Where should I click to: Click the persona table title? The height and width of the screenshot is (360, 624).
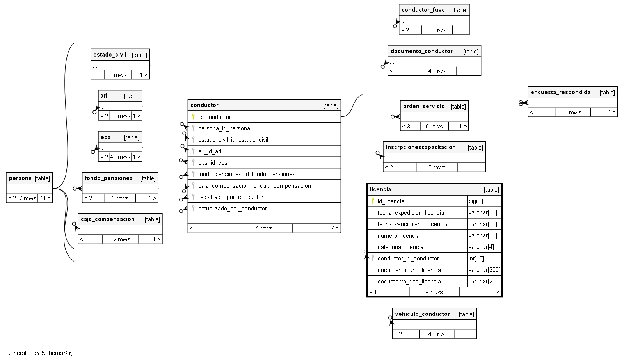[x=20, y=178]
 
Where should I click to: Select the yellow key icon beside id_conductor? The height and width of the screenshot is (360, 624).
[x=193, y=116]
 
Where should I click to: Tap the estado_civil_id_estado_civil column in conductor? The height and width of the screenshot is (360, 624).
[x=233, y=140]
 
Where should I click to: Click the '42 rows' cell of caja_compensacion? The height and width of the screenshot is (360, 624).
[x=120, y=239]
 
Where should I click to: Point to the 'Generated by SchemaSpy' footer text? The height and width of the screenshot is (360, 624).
[x=39, y=353]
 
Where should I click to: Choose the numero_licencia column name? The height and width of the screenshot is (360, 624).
[x=398, y=236]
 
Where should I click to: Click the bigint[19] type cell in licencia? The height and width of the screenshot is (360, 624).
[x=480, y=201]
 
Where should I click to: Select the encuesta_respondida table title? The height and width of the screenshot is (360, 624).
[x=560, y=92]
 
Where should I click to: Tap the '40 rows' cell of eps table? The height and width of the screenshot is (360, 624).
[x=120, y=157]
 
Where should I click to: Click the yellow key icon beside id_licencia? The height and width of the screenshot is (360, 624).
[x=373, y=201]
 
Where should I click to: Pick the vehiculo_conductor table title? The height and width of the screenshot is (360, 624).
[x=422, y=314]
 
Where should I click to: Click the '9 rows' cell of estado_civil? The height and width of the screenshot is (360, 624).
[x=117, y=75]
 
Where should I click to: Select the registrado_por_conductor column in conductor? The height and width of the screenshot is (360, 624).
[x=230, y=197]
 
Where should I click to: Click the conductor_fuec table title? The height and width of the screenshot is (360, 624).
[x=423, y=10]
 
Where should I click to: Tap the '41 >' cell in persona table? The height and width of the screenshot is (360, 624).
[x=45, y=198]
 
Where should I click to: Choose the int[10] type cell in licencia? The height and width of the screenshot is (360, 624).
[x=476, y=258]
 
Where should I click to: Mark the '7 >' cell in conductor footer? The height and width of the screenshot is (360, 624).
[x=334, y=228]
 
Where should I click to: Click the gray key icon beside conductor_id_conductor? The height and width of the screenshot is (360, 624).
[x=373, y=258]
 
